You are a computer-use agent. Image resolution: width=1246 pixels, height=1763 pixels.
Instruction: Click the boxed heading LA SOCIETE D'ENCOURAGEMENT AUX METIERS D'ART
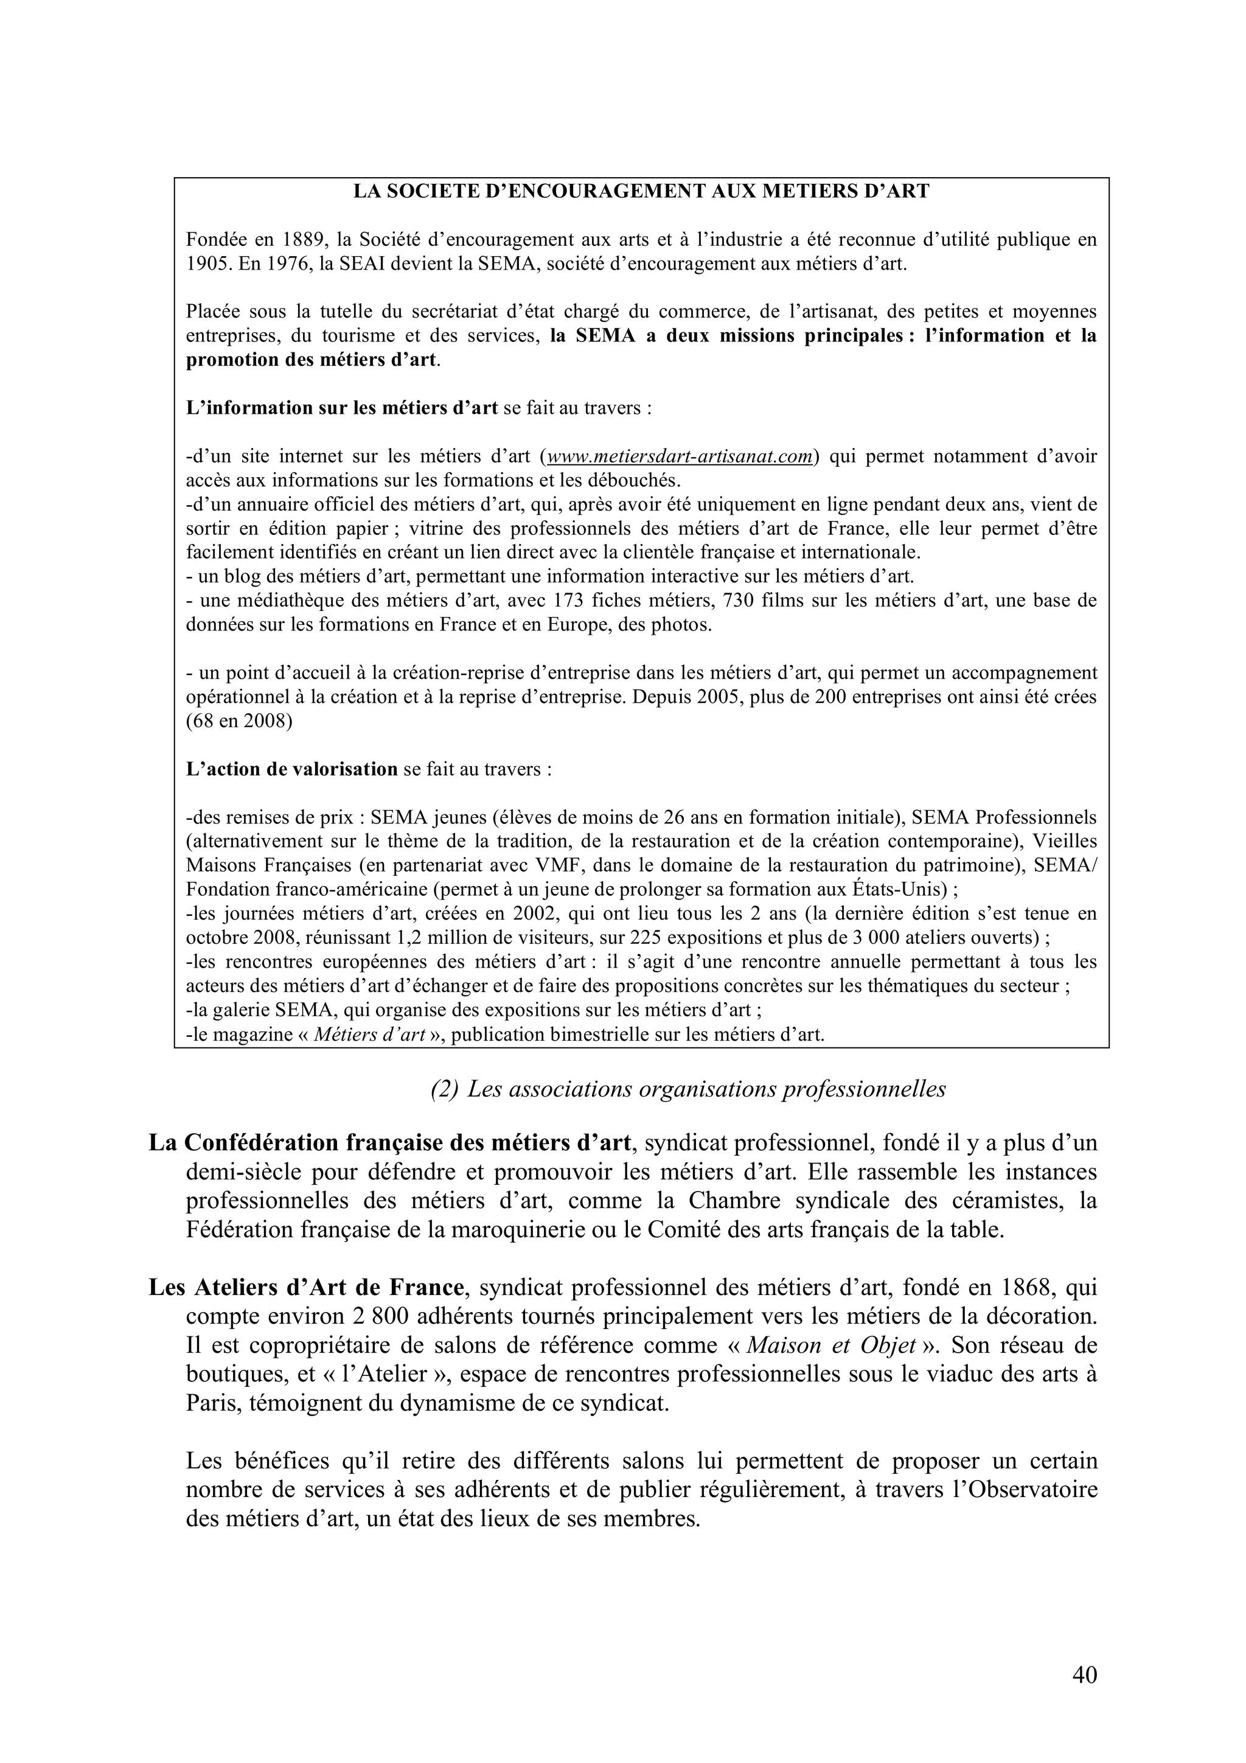coord(641,192)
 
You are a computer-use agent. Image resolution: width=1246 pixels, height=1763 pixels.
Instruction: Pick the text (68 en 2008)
coord(238,722)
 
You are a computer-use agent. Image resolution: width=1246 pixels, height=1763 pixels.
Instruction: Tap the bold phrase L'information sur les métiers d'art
coord(343,408)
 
